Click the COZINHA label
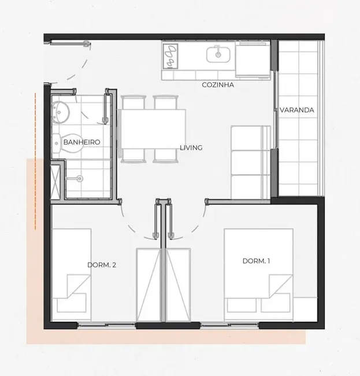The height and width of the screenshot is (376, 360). (217, 85)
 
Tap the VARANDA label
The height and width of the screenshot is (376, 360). (296, 110)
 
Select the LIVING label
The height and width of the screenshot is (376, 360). (191, 148)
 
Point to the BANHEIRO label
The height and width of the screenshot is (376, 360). (82, 142)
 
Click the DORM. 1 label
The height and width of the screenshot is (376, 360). (257, 261)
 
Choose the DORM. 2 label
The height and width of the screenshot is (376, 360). (102, 265)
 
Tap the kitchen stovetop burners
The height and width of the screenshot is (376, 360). (172, 56)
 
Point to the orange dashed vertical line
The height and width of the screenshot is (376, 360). (35, 162)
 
